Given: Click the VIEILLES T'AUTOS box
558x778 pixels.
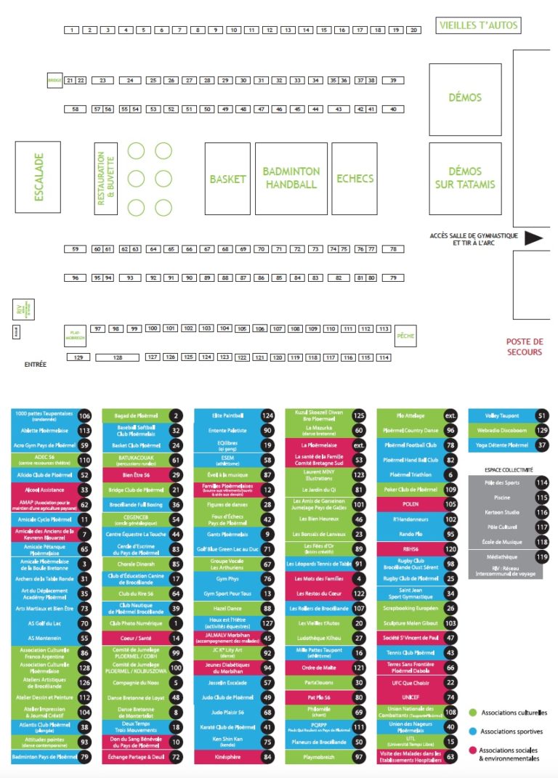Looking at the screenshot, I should tap(479, 25).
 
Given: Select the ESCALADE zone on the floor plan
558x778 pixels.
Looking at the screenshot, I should tap(38, 177).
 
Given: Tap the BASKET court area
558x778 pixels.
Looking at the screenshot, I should tap(227, 179).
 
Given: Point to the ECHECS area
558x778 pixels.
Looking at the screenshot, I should tap(355, 179).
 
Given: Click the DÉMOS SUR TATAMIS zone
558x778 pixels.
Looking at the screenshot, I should tap(465, 178).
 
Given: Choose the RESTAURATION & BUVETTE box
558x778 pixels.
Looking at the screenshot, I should tap(106, 179).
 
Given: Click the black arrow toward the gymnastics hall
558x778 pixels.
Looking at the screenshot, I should tap(534, 238).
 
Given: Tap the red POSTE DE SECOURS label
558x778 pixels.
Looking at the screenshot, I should tap(524, 347).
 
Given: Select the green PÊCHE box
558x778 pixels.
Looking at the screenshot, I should tap(405, 337).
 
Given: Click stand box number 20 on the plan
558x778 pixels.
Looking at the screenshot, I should tap(413, 31).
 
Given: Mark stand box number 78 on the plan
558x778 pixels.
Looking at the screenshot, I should tap(392, 249).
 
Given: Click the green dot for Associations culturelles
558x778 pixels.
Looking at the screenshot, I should tap(473, 713).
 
